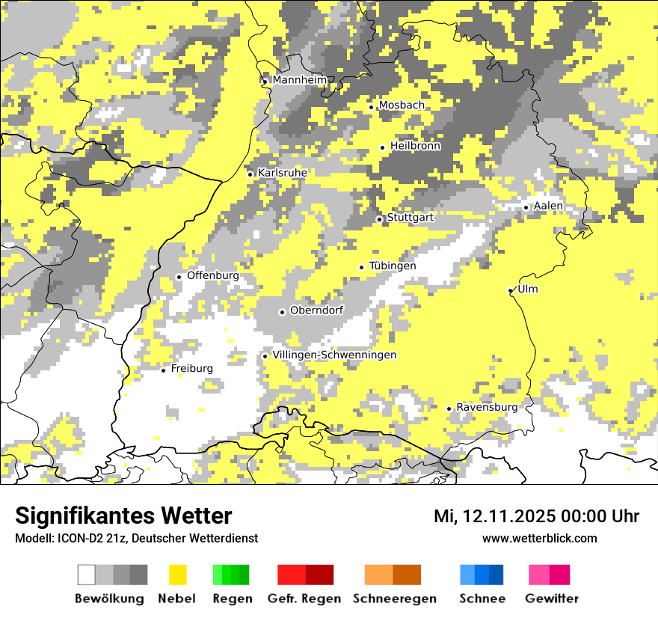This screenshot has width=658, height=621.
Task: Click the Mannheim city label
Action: click(x=300, y=80)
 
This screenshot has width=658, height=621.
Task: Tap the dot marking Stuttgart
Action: click(x=380, y=219)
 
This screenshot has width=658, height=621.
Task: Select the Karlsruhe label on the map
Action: click(x=283, y=173)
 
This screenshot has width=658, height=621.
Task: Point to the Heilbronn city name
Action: click(x=415, y=146)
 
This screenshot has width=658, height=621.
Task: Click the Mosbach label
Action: click(x=402, y=105)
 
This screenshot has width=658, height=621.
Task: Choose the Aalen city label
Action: click(x=548, y=206)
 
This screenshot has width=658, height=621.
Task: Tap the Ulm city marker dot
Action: click(x=511, y=290)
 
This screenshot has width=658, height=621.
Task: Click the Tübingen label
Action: click(x=393, y=266)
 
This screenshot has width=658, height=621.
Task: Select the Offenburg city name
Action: click(x=213, y=275)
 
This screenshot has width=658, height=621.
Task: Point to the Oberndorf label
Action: click(x=317, y=310)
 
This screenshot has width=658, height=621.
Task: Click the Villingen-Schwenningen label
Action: click(x=335, y=355)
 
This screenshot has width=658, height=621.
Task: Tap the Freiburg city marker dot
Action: click(x=164, y=370)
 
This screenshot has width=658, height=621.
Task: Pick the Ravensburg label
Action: click(x=487, y=407)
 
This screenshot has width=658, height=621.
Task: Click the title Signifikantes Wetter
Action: click(x=123, y=516)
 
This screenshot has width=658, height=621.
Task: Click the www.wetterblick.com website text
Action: click(x=539, y=538)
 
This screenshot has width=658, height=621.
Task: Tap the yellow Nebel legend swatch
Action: click(x=178, y=575)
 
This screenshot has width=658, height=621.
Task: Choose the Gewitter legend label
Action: click(x=552, y=599)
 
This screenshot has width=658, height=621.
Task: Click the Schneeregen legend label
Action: click(x=395, y=599)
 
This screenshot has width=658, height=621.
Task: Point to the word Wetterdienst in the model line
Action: click(x=224, y=538)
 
